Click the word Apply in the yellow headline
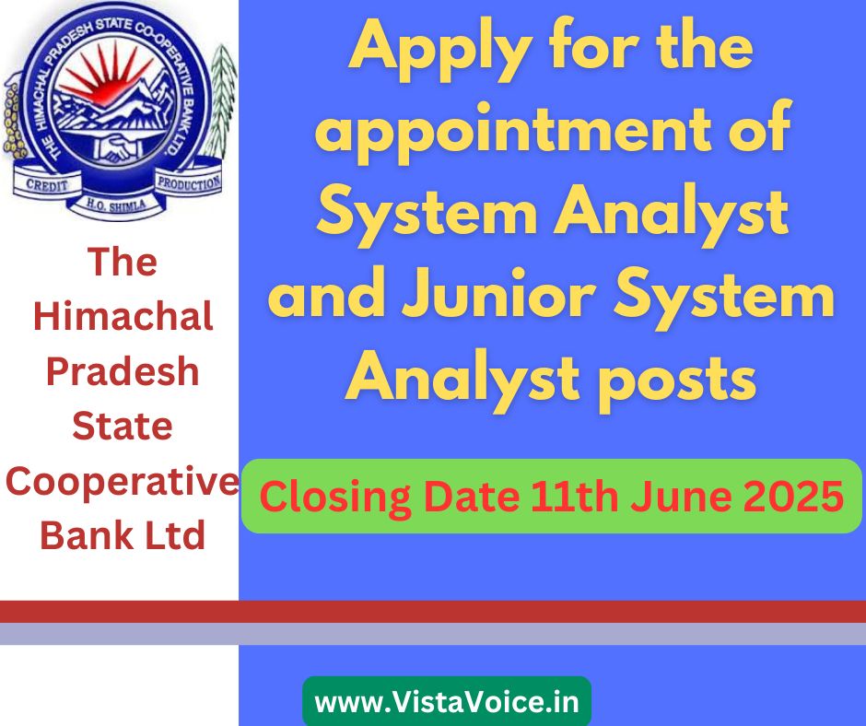click(440, 51)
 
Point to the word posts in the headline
click(678, 381)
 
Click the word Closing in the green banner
click(334, 498)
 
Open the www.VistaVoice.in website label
click(447, 702)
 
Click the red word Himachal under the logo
click(123, 316)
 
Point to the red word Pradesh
click(122, 370)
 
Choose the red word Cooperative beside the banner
click(122, 481)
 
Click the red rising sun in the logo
click(103, 77)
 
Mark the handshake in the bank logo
click(118, 148)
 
